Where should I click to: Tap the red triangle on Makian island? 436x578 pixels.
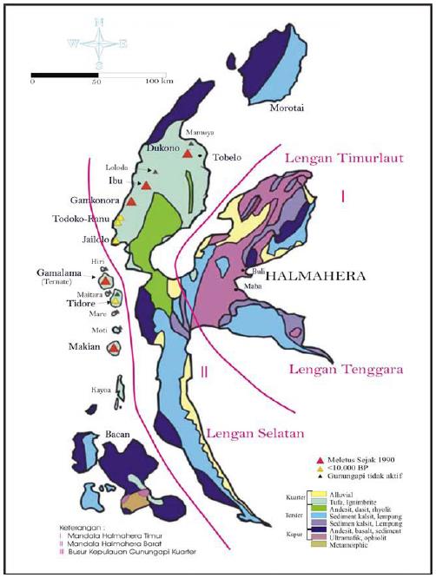pyautogui.click(x=113, y=348)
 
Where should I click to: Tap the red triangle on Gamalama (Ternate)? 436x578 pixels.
pyautogui.click(x=104, y=282)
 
